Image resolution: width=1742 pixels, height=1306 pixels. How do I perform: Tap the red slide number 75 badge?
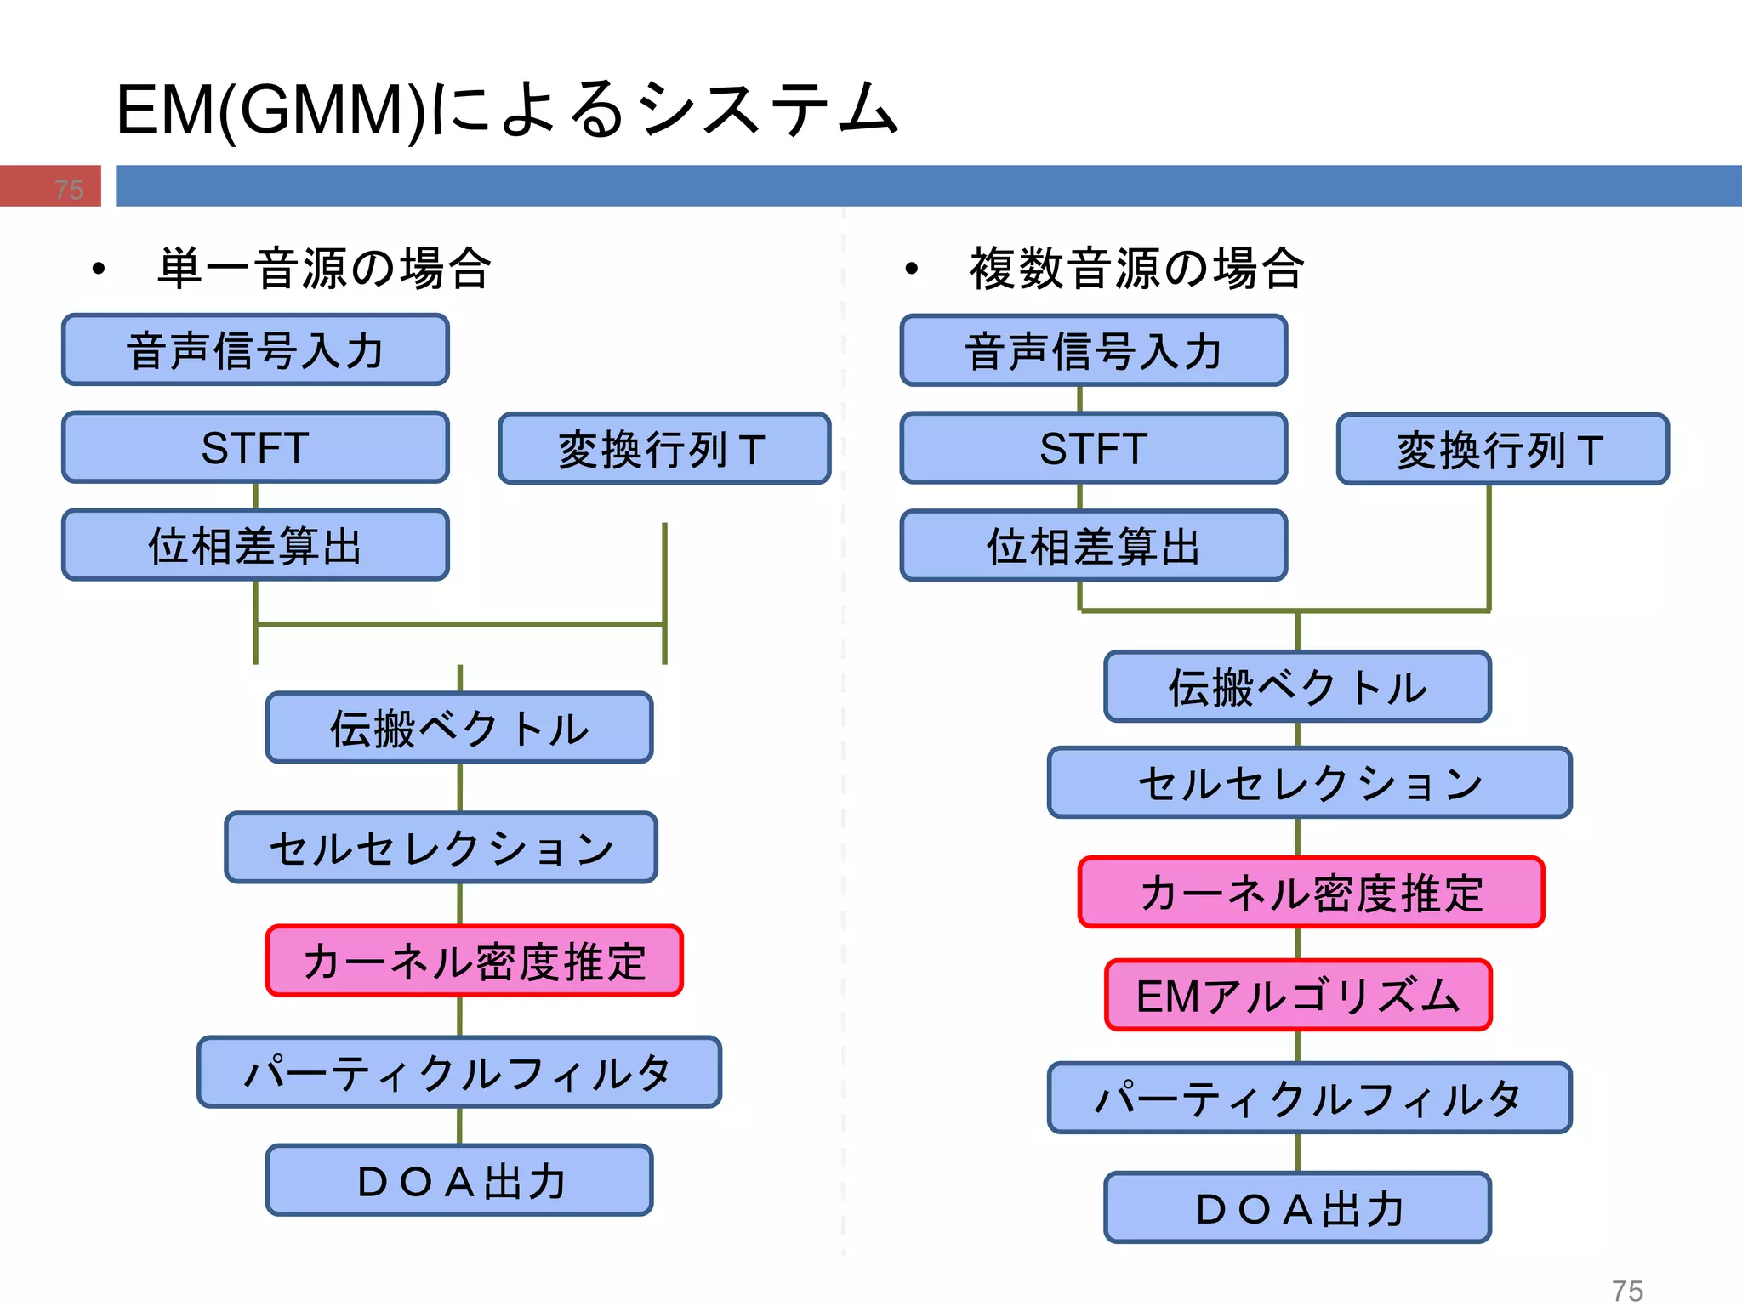tap(51, 186)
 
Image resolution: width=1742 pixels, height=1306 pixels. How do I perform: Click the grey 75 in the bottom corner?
tap(1626, 1290)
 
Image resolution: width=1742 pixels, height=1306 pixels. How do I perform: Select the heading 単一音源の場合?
tap(324, 269)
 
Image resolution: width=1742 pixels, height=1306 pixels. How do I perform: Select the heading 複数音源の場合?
tap(1136, 269)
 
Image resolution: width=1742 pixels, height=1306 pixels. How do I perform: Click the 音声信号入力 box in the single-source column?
tap(255, 350)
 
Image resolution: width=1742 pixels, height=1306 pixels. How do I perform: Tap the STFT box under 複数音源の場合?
tap(1093, 448)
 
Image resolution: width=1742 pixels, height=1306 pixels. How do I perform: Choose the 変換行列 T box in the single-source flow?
tap(663, 449)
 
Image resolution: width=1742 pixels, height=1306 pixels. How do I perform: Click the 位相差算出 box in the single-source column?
tap(255, 545)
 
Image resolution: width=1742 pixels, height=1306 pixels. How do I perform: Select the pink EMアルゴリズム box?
tap(1297, 995)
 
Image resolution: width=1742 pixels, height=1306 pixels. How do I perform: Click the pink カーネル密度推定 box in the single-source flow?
tap(474, 961)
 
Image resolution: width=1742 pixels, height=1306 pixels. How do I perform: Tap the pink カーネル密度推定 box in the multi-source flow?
tap(1311, 892)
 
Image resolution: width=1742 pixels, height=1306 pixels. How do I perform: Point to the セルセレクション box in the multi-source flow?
tap(1309, 782)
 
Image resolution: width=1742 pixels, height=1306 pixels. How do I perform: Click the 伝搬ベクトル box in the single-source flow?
tap(459, 728)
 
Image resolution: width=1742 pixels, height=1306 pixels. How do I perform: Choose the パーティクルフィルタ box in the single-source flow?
tap(459, 1071)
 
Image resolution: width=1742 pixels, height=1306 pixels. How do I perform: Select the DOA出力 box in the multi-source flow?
tap(1297, 1207)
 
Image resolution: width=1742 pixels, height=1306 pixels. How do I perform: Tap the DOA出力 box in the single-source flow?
tap(459, 1180)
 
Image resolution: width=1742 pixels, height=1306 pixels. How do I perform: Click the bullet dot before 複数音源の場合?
tap(912, 269)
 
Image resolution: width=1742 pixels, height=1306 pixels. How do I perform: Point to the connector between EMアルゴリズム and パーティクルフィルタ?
tap(1298, 1047)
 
